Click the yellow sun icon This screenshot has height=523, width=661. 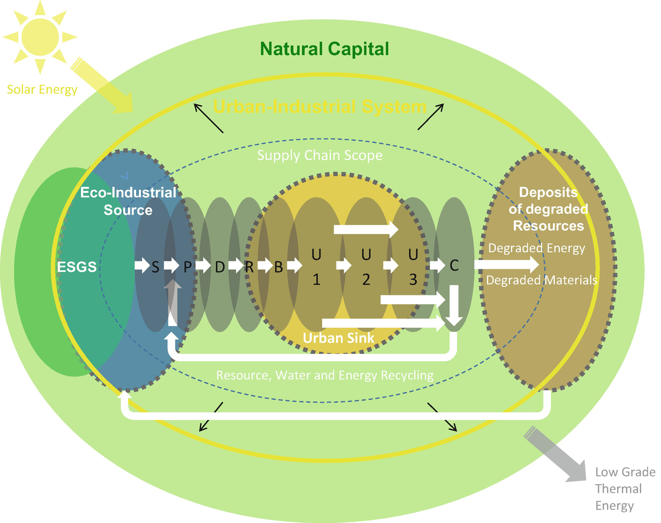[40, 37]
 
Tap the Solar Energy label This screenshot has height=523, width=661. [42, 90]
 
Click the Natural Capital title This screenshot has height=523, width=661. [325, 49]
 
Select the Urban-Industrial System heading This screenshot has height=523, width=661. [319, 106]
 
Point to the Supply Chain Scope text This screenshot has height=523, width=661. [320, 155]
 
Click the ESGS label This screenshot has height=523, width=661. [77, 267]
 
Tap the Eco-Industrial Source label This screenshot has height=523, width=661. [128, 201]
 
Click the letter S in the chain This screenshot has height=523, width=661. [155, 267]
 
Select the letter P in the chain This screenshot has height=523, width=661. [187, 267]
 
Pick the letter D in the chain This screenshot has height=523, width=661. [220, 267]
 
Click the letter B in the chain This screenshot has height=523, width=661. [278, 267]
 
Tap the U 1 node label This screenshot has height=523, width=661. [316, 267]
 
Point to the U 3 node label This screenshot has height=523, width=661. [413, 267]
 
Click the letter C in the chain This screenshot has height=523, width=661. [454, 265]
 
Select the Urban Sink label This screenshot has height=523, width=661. [338, 338]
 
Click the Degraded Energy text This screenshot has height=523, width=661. [536, 248]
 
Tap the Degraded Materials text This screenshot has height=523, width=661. [542, 280]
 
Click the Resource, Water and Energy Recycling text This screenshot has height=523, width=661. [325, 375]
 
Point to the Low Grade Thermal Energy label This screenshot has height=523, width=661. [625, 489]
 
